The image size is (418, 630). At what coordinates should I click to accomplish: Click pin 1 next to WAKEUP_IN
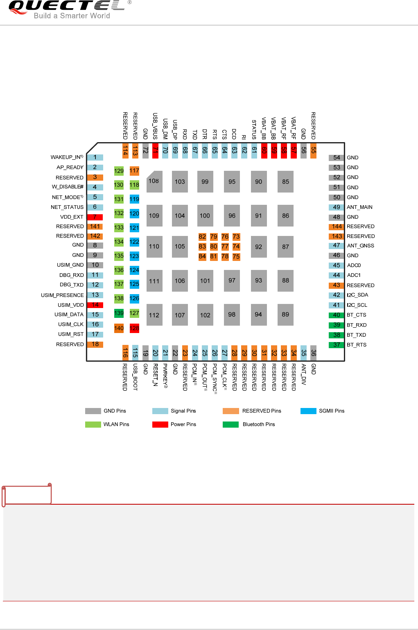point(95,157)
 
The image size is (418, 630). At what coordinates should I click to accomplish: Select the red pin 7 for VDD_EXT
point(95,217)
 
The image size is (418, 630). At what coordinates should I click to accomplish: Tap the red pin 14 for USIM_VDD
point(95,305)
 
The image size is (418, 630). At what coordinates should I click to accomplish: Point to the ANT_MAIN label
point(359,207)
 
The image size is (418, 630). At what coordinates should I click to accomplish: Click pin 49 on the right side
point(337,207)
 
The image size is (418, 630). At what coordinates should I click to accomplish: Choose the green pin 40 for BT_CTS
point(337,315)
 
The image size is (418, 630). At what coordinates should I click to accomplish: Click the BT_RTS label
point(357,345)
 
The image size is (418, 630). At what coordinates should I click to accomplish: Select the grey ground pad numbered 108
point(154,181)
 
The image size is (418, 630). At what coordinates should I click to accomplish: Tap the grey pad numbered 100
point(205,216)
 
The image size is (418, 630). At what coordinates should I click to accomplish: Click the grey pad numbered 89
point(285,315)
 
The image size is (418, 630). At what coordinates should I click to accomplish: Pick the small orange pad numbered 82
point(202,237)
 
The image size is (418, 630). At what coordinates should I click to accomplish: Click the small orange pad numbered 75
point(236,257)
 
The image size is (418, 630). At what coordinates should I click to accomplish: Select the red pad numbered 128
point(134,328)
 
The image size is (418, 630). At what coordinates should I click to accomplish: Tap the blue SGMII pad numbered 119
point(134,199)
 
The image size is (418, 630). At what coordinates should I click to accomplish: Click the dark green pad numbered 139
point(119,313)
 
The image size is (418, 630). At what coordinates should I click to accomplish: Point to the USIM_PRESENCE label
point(62,295)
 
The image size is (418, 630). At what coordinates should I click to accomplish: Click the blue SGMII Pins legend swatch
point(308,411)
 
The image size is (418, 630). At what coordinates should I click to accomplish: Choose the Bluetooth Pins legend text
point(259,424)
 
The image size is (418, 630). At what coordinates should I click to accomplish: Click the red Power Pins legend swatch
point(160,424)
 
